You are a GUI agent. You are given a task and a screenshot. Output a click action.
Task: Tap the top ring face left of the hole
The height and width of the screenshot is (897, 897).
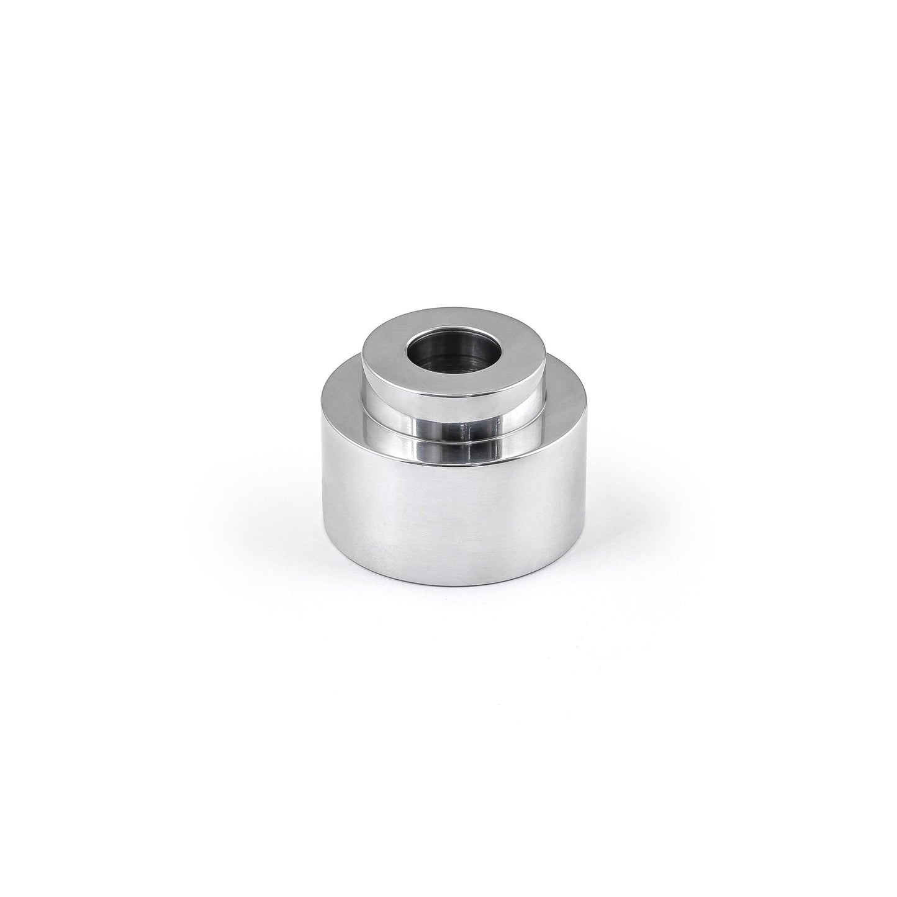[384, 361]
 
